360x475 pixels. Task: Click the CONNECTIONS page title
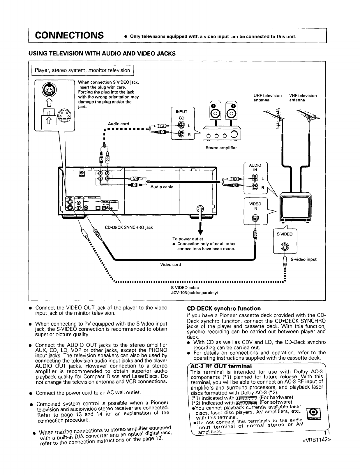[x=70, y=35]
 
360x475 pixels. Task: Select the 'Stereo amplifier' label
[x=221, y=148]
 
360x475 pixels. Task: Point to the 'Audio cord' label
[x=118, y=124]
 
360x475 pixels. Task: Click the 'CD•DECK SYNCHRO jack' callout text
[x=129, y=227]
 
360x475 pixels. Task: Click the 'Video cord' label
[x=171, y=265]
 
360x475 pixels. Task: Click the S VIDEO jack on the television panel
[x=284, y=247]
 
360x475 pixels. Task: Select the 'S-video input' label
[x=304, y=259]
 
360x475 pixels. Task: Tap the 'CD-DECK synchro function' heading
[x=224, y=308]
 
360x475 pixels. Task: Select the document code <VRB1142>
[x=313, y=438]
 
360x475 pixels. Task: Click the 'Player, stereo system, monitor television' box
[x=82, y=70]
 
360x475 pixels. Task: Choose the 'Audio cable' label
[x=162, y=187]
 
